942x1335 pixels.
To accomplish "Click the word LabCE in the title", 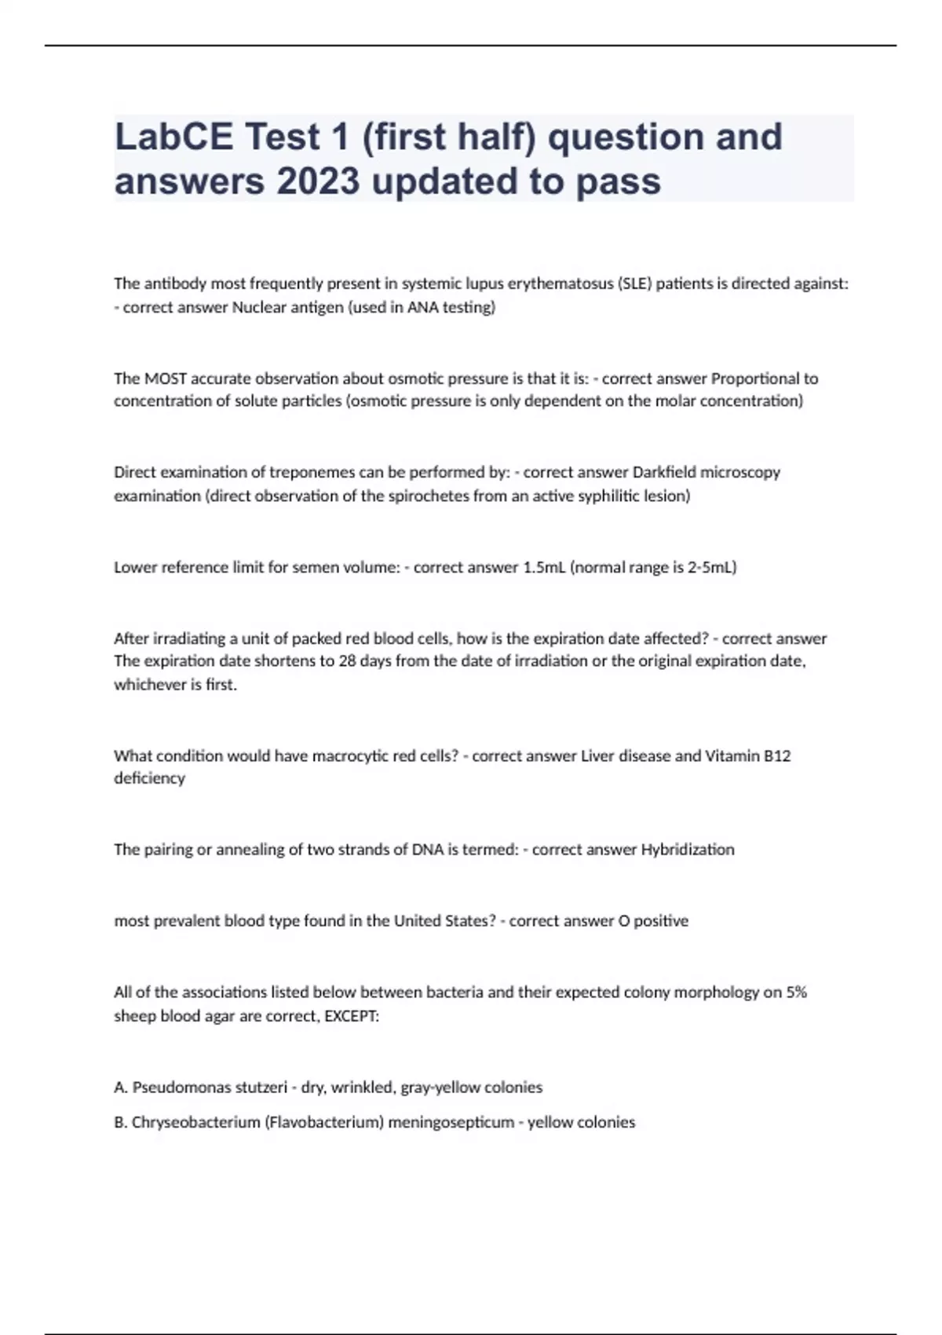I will pyautogui.click(x=173, y=137).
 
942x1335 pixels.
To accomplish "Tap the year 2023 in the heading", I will pyautogui.click(x=318, y=181).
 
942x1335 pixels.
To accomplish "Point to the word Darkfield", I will pyautogui.click(x=664, y=472).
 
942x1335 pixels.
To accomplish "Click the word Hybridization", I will pyautogui.click(x=688, y=849).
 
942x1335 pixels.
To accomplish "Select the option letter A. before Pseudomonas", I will pyautogui.click(x=121, y=1088).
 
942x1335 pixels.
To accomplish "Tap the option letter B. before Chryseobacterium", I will pyautogui.click(x=121, y=1122).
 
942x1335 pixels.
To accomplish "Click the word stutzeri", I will pyautogui.click(x=261, y=1088).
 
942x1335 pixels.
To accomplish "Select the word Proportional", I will pyautogui.click(x=754, y=379).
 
